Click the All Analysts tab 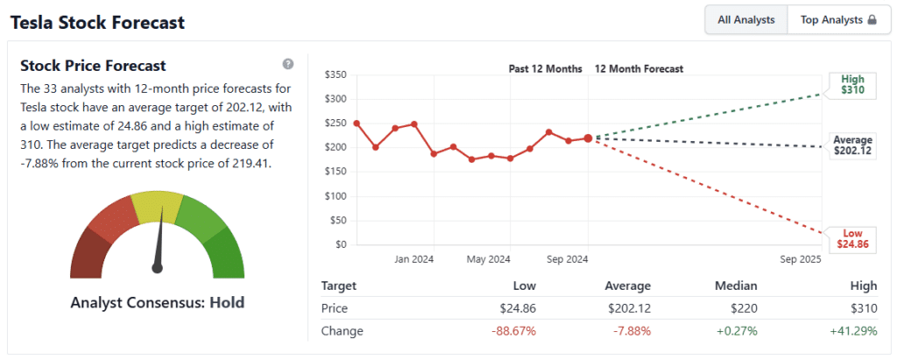(x=745, y=19)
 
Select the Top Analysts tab (x=832, y=19)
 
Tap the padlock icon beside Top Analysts (x=872, y=19)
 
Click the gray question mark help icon (x=288, y=64)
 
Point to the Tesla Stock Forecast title (x=97, y=22)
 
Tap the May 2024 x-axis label (x=489, y=259)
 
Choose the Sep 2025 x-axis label (x=800, y=259)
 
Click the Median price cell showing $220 (x=743, y=308)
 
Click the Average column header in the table (x=627, y=286)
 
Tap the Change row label (x=342, y=331)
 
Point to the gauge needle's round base (x=158, y=267)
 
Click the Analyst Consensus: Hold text (x=158, y=303)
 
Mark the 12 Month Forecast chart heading (x=639, y=68)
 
